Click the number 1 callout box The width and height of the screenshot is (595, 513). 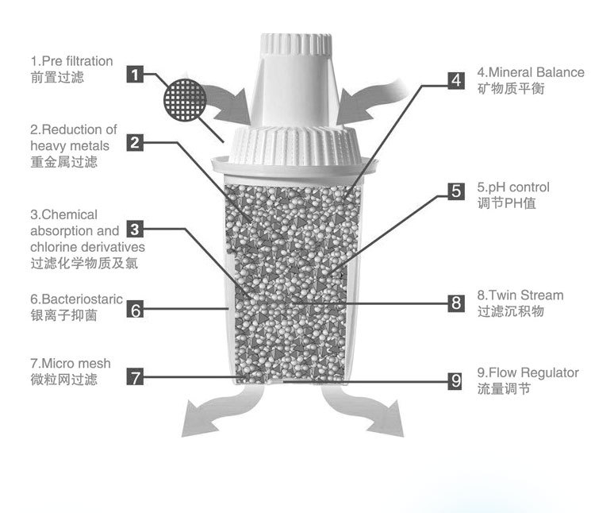[x=136, y=77]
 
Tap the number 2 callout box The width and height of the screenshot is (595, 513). [x=136, y=144]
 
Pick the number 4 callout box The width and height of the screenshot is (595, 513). [x=455, y=79]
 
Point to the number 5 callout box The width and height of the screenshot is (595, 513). [x=455, y=191]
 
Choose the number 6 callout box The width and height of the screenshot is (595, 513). [x=136, y=310]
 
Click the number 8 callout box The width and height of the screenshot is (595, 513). [x=455, y=303]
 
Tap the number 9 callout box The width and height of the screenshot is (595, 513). [x=455, y=380]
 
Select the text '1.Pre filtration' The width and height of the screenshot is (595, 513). [x=71, y=61]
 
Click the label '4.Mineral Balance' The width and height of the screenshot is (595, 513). [x=530, y=72]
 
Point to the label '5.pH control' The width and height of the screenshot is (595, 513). [x=513, y=187]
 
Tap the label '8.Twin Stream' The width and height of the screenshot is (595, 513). [x=520, y=295]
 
